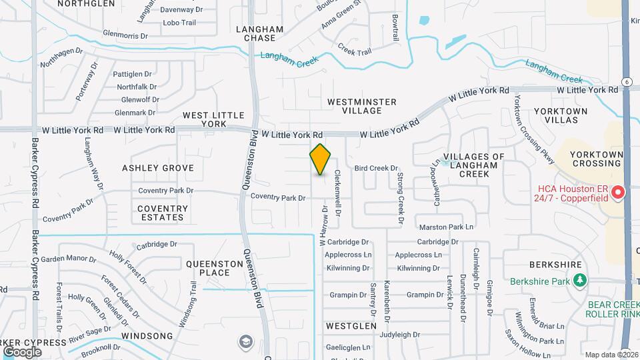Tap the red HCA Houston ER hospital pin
point(618,193)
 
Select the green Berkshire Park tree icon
point(581,281)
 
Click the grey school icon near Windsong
point(245,342)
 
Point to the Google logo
point(22,351)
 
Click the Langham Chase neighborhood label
point(260,33)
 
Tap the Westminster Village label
point(362,106)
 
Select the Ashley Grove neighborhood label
point(158,168)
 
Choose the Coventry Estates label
point(163,213)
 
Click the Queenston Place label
point(215,268)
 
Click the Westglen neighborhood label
point(347,326)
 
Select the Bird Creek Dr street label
point(376,169)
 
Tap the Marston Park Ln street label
point(447,227)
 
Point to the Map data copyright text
point(611,354)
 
